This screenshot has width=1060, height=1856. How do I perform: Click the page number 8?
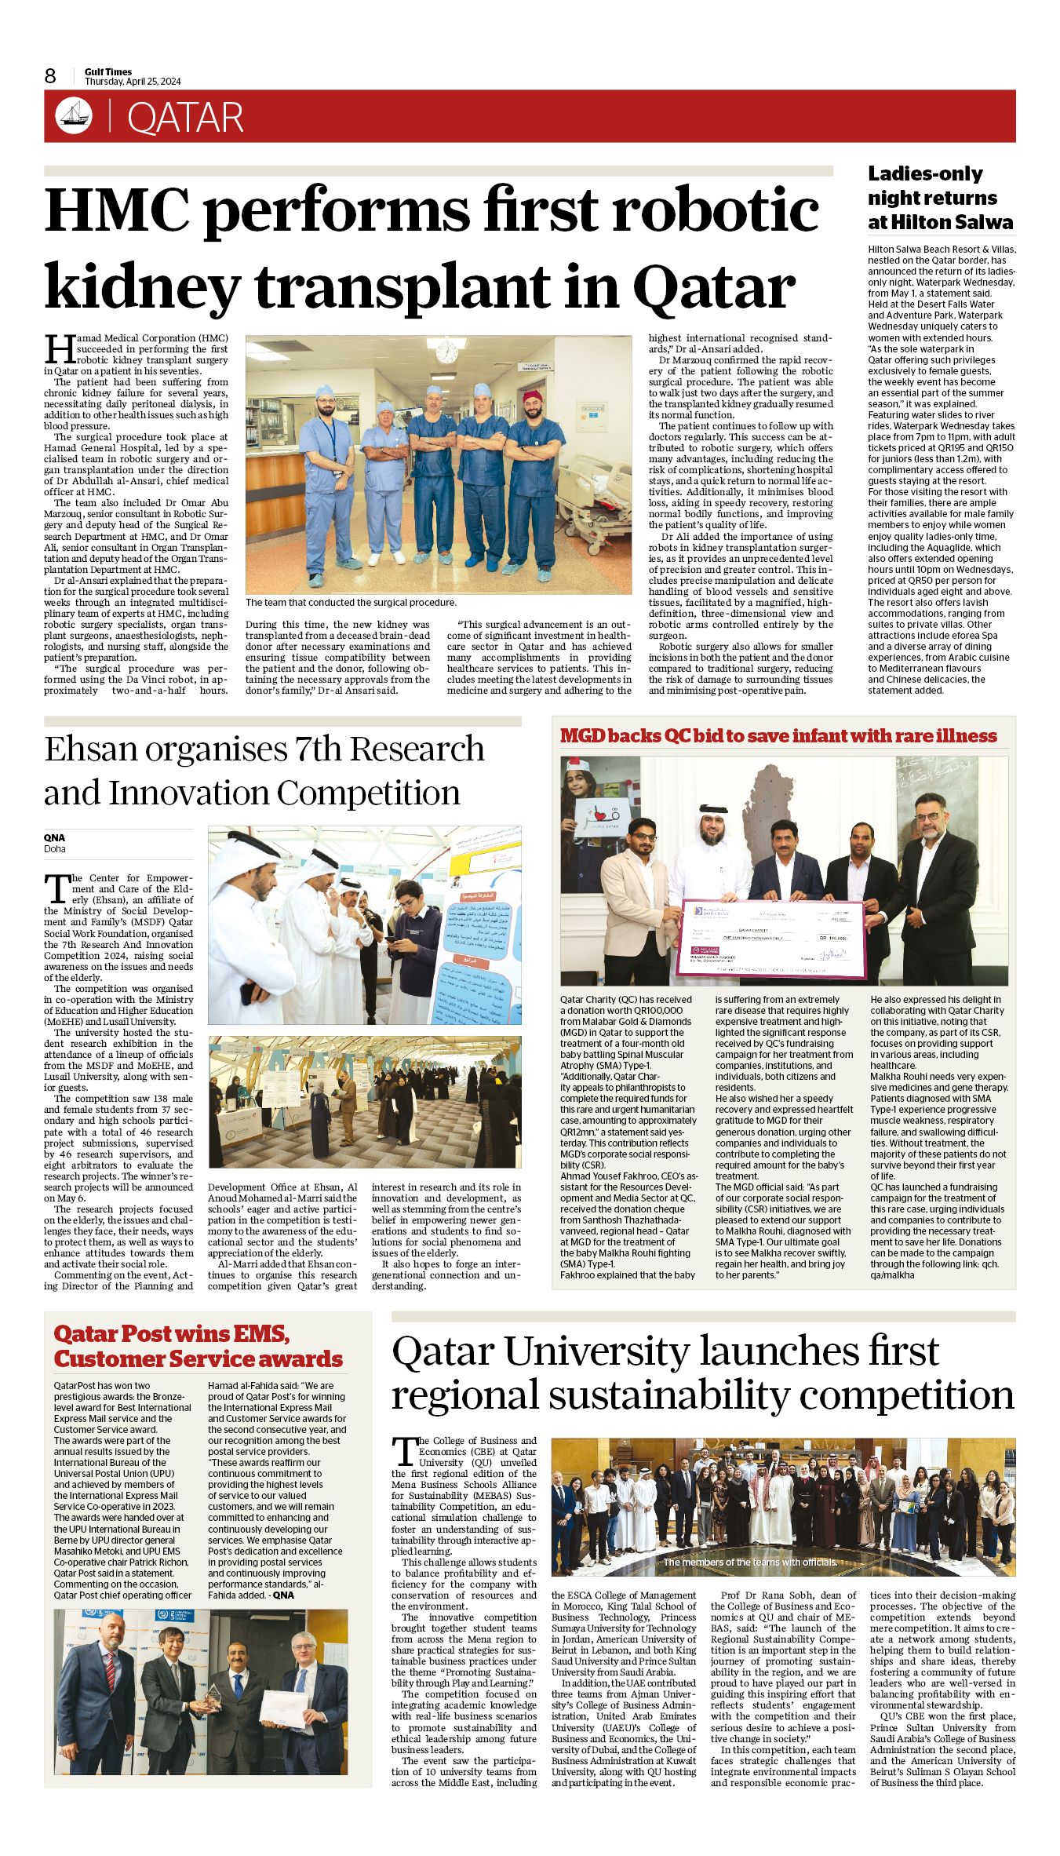(50, 76)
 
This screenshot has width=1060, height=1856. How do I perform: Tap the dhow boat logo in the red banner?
(74, 116)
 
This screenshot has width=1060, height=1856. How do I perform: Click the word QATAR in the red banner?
(185, 118)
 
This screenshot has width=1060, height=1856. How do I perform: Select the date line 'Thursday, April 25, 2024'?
(133, 82)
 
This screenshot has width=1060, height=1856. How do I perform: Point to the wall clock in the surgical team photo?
(446, 350)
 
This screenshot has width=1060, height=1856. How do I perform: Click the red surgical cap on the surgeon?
(534, 396)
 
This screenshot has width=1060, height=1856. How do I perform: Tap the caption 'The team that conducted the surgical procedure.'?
(351, 603)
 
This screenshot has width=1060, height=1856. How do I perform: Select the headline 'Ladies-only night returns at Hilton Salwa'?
(940, 198)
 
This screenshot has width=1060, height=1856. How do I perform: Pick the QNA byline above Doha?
(54, 837)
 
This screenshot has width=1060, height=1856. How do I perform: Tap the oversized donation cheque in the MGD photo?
(772, 939)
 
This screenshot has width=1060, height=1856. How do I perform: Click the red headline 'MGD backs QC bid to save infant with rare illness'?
(778, 736)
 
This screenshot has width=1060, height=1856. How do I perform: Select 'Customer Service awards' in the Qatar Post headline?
(199, 1359)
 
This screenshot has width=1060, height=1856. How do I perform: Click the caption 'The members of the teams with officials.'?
(749, 1562)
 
